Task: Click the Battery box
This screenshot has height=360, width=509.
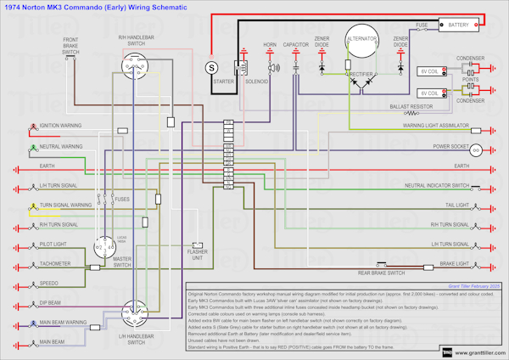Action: click(x=458, y=25)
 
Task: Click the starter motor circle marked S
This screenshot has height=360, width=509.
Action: click(x=212, y=66)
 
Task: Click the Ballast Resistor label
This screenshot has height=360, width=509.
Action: click(x=410, y=108)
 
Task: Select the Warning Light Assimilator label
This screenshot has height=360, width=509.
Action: click(x=435, y=125)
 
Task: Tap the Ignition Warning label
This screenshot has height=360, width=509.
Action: click(x=60, y=125)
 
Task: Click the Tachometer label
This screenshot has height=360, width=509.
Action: click(x=54, y=263)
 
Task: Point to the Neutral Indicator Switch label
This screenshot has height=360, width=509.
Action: click(x=436, y=185)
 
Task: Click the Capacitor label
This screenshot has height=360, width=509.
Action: click(x=296, y=43)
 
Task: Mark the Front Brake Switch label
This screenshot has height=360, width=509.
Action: click(x=70, y=46)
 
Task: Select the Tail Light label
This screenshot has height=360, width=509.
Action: click(x=452, y=205)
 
